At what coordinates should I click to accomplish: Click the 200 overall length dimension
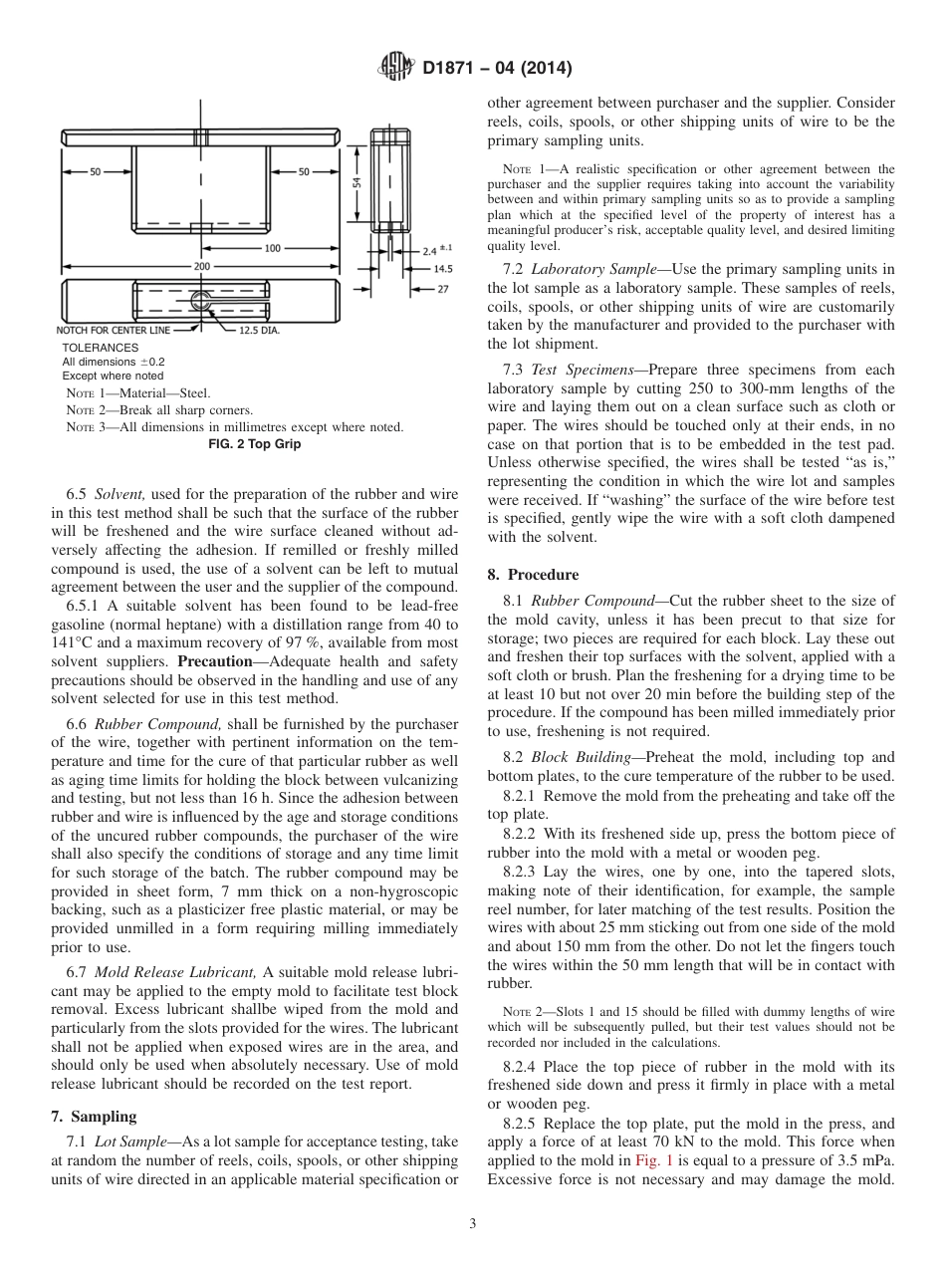coord(202,267)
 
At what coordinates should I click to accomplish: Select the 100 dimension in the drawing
coord(272,248)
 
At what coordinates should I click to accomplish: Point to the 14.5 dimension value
coord(443,269)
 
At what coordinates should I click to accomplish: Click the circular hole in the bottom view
coord(202,300)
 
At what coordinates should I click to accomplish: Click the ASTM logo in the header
coord(396,68)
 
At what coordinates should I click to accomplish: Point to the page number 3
coord(473,1223)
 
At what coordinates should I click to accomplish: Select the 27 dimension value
coord(441,288)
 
